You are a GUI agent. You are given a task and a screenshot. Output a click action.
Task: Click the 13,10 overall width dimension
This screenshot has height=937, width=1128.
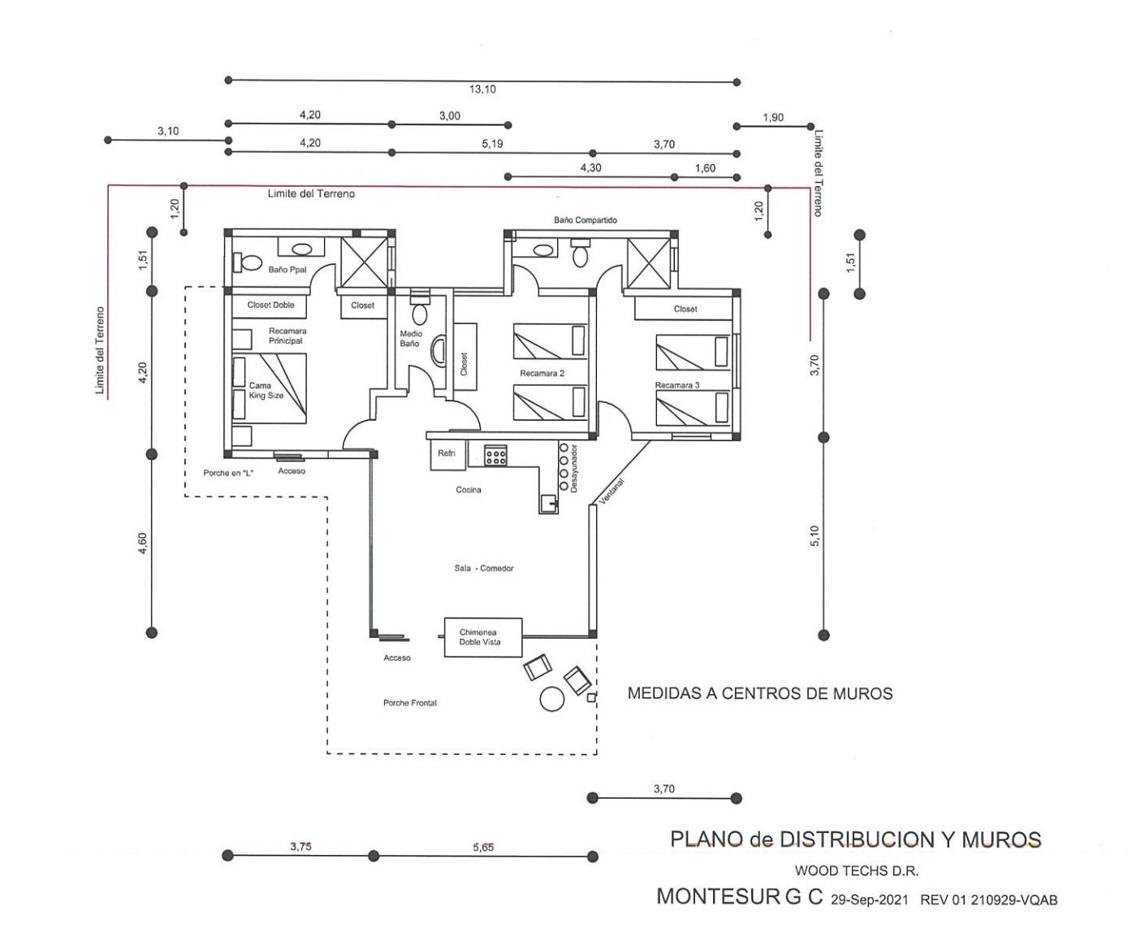tap(482, 89)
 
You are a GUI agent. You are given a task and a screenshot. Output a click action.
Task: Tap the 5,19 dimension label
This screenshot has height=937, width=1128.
tap(492, 144)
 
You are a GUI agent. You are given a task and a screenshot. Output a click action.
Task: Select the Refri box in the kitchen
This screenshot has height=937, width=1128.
tap(447, 455)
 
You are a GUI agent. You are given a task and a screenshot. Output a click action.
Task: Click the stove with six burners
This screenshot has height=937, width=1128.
tap(495, 455)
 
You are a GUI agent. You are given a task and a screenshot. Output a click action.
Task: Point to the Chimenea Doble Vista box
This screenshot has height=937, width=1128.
tap(483, 637)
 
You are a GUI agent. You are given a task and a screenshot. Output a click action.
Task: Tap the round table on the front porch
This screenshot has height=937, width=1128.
tap(551, 699)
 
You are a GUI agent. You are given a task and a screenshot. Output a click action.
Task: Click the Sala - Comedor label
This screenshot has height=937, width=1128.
tap(483, 568)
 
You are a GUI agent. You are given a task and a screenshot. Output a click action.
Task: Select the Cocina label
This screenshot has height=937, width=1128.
tap(469, 490)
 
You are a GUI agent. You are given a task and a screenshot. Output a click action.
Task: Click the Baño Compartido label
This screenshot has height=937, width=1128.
tap(585, 220)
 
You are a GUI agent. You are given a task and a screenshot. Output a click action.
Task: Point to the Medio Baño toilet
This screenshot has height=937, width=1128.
tap(420, 313)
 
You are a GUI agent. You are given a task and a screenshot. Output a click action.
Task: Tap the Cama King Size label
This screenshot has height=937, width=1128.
tap(266, 390)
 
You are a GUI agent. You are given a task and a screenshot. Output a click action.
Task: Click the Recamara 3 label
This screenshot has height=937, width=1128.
tap(677, 385)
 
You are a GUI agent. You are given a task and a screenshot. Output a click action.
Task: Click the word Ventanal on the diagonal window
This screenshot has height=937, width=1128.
tap(612, 492)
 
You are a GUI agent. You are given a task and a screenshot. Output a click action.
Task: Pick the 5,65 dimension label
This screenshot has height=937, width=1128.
tap(483, 848)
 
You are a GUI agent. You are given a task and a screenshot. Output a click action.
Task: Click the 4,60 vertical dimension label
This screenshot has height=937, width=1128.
tap(142, 544)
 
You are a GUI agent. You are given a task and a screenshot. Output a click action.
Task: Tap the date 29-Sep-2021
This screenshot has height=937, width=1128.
tap(870, 900)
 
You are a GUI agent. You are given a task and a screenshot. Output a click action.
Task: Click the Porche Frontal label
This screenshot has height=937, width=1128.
tap(409, 703)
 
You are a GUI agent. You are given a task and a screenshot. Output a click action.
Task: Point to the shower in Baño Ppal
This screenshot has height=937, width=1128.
tap(365, 262)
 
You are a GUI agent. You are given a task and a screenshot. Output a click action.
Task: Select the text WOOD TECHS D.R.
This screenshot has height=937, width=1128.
tap(857, 871)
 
